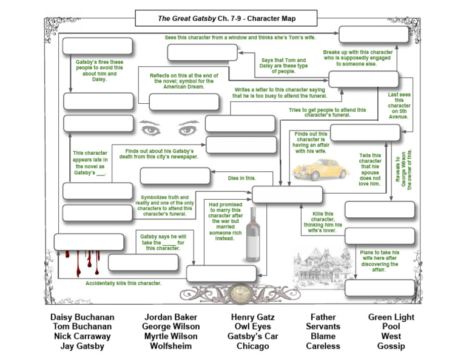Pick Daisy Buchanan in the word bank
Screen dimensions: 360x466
[82, 318]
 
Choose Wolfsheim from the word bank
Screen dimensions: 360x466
[172, 347]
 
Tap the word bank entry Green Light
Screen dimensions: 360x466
[391, 318]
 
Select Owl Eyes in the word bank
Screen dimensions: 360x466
[252, 327]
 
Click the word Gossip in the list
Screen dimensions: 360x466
[391, 347]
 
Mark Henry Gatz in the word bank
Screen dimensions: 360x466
[252, 318]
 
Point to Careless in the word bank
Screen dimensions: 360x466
[323, 347]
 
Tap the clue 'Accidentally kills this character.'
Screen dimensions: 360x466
[123, 284]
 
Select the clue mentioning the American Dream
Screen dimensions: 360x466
[177, 81]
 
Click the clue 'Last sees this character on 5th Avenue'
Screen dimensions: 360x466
[399, 106]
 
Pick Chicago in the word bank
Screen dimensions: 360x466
[252, 347]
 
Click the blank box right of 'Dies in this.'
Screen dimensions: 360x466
[287, 195]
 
